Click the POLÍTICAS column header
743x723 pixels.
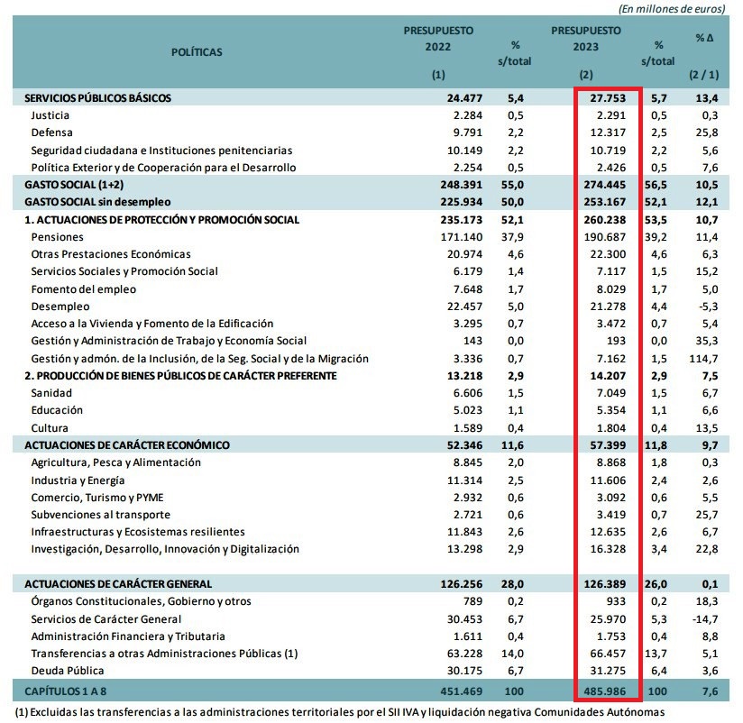[x=196, y=52]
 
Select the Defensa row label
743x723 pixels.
[x=51, y=133]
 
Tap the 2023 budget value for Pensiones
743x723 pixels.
[x=606, y=237]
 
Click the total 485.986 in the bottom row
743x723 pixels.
[x=606, y=691]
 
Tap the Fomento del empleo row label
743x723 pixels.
[x=84, y=289]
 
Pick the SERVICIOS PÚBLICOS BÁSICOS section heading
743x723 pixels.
[x=98, y=97]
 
